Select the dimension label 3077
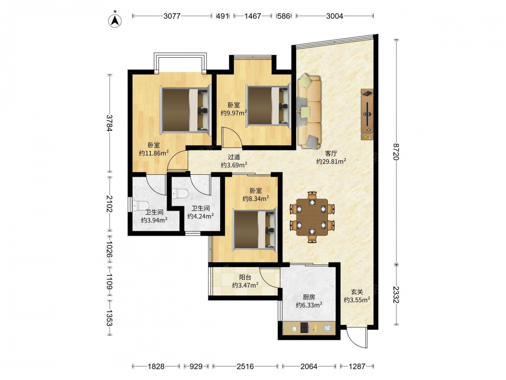coord(172,16)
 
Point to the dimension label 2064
coord(309,366)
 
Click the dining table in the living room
coord(312,217)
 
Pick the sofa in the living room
coord(309,111)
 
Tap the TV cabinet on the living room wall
coord(367,115)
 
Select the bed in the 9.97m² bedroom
coord(269,105)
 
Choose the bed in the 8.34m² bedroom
coord(255,230)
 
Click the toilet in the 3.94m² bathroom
coord(140,206)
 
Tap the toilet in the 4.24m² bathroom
coord(180,194)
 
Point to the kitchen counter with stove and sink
coord(309,328)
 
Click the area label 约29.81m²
coord(331,161)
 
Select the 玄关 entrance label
coord(357,291)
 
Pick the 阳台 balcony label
coord(245,277)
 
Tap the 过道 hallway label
coord(234,157)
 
